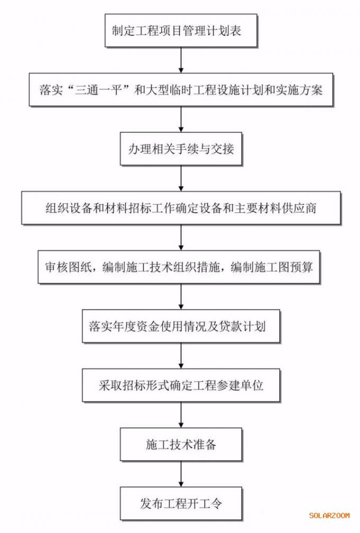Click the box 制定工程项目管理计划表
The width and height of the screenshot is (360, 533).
[x=181, y=31]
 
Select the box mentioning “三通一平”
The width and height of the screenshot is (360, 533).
[x=181, y=90]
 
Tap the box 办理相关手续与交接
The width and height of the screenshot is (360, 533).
[x=181, y=149]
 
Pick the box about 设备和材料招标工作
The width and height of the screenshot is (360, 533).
[x=181, y=208]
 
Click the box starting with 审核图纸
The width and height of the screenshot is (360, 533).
[x=179, y=267]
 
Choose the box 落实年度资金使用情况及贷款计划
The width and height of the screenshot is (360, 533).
[x=181, y=327]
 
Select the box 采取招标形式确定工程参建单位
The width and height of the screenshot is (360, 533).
[x=181, y=385]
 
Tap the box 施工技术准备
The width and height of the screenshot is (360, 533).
[x=181, y=445]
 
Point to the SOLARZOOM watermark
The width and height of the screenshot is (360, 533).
[x=329, y=516]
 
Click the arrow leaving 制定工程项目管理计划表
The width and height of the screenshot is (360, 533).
[x=181, y=60]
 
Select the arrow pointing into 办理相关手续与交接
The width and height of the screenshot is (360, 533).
[x=181, y=119]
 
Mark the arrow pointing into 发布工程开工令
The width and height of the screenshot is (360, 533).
[x=181, y=474]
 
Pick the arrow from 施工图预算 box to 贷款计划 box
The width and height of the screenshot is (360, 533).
[x=181, y=297]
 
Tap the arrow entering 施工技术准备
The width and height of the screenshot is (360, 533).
[x=181, y=415]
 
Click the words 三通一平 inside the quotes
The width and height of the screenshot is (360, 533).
[x=98, y=90]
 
